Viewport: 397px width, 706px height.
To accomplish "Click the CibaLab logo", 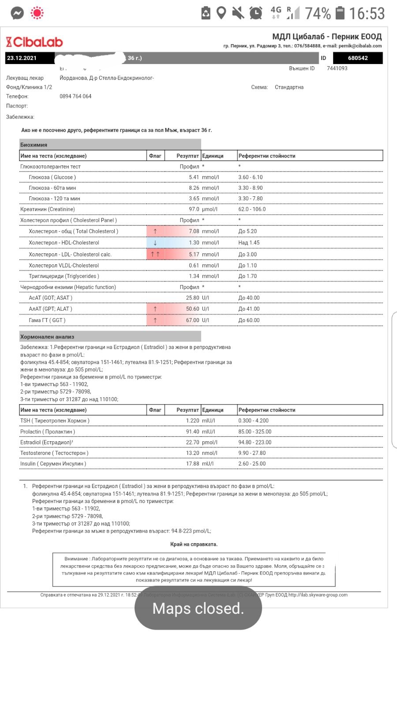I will point(34,42).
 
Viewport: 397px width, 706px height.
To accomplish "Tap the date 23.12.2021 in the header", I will point(22,58).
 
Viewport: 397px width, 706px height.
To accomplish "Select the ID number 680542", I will point(357,58).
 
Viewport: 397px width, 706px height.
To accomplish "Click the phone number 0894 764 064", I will point(75,96).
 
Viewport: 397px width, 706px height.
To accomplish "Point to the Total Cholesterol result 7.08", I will point(194,231).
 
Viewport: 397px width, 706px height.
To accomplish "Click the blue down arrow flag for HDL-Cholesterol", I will point(155,243).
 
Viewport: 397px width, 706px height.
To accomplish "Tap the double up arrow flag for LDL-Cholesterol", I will point(155,254).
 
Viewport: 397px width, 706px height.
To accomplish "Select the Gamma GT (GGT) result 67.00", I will point(192,320).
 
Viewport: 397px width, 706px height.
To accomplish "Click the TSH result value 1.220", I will point(192,421).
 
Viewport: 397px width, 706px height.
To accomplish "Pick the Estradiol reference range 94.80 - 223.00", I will point(255,442).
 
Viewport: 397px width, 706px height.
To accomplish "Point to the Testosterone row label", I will point(54,453).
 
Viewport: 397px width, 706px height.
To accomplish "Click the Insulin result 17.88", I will point(192,464).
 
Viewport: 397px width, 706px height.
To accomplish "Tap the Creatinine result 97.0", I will point(194,209).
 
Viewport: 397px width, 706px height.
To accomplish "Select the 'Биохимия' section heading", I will point(34,145).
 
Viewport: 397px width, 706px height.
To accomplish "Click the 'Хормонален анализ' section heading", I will point(47,337).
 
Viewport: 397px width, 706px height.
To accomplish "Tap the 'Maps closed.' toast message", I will point(198,608).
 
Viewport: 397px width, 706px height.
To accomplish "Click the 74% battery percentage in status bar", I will point(318,13).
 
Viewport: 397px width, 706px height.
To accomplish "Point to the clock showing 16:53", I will point(367,13).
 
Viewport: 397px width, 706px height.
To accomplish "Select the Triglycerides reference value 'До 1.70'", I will point(247,276).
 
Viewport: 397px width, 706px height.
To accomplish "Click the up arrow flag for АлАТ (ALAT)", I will point(155,309).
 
